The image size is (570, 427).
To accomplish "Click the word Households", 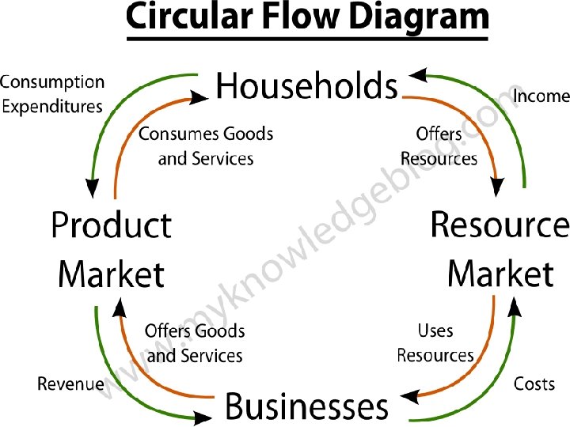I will (x=306, y=85).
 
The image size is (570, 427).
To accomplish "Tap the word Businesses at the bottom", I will (x=307, y=406).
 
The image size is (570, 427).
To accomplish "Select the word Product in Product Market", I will (x=111, y=227).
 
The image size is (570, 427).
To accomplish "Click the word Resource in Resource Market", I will (x=500, y=225).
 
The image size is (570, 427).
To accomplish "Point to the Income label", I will (x=541, y=96).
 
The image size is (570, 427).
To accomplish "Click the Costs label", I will (x=534, y=384).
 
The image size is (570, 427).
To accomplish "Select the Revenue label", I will (x=70, y=384).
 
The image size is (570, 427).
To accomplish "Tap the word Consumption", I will (x=52, y=82).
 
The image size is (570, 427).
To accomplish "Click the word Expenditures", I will (x=52, y=106).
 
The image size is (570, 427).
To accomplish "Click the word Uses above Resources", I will (x=435, y=330).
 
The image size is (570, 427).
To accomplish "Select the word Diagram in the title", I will (x=417, y=17).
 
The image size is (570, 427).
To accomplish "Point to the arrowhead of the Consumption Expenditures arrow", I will (x=93, y=188).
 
